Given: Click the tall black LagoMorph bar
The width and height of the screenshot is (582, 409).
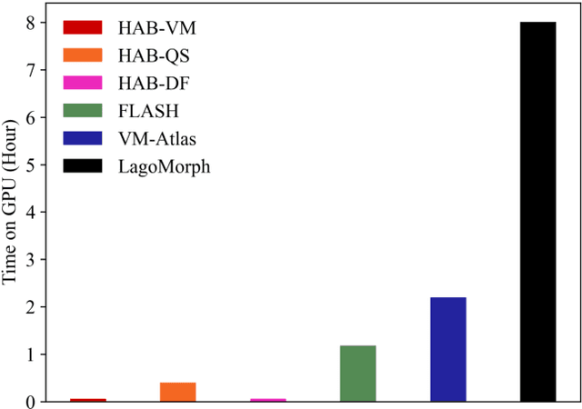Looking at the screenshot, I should click(x=537, y=211).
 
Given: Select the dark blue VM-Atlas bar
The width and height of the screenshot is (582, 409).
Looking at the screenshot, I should click(x=447, y=349).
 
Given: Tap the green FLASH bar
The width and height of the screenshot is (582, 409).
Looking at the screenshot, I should click(x=357, y=373).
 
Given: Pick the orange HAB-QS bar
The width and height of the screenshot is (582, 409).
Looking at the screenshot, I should click(x=177, y=392).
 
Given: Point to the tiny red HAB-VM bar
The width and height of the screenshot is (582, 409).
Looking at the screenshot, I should click(x=87, y=399).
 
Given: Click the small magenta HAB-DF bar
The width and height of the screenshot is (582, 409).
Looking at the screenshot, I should click(x=267, y=399).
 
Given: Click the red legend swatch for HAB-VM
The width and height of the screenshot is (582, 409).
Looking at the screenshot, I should click(x=84, y=29).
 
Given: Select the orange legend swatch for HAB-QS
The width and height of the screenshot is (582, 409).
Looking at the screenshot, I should click(x=84, y=56).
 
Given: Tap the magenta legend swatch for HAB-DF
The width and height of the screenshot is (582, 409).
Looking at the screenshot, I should click(x=84, y=85).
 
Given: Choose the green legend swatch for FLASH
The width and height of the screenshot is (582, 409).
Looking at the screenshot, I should click(x=84, y=112).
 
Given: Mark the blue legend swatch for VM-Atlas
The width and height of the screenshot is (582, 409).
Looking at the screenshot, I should click(x=84, y=140).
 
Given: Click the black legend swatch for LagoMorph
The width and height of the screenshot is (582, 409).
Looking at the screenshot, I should click(x=84, y=167).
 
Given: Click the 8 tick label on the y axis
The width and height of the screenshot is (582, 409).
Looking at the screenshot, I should click(x=32, y=23).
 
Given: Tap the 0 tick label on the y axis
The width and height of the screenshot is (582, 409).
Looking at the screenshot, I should click(x=32, y=402).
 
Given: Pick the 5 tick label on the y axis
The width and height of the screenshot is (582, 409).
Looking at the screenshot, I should click(x=32, y=165).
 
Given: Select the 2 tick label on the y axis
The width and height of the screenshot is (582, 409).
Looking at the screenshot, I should click(x=32, y=307).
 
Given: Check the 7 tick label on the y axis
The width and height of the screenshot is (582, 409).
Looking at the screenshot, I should click(x=32, y=70).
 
